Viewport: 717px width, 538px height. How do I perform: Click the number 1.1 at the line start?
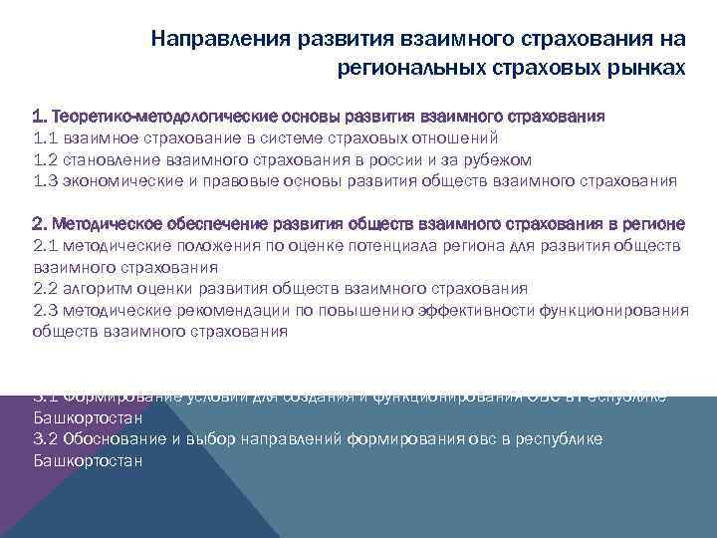pyautogui.click(x=46, y=138)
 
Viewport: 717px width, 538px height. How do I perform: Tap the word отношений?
pyautogui.click(x=452, y=138)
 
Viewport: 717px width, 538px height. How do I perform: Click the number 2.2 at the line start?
pyautogui.click(x=47, y=289)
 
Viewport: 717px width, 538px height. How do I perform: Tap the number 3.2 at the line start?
pyautogui.click(x=47, y=439)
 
